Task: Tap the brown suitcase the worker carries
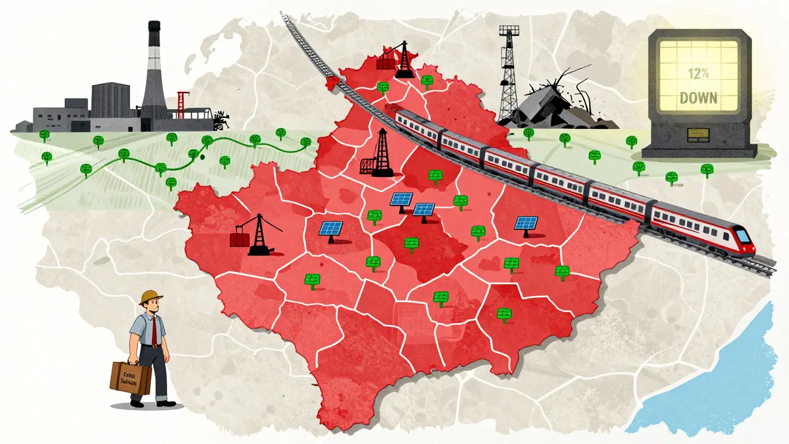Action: tap(131, 377)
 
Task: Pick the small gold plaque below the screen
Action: tap(698, 131)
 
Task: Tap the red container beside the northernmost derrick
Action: tap(386, 62)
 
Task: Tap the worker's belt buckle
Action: tap(152, 345)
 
